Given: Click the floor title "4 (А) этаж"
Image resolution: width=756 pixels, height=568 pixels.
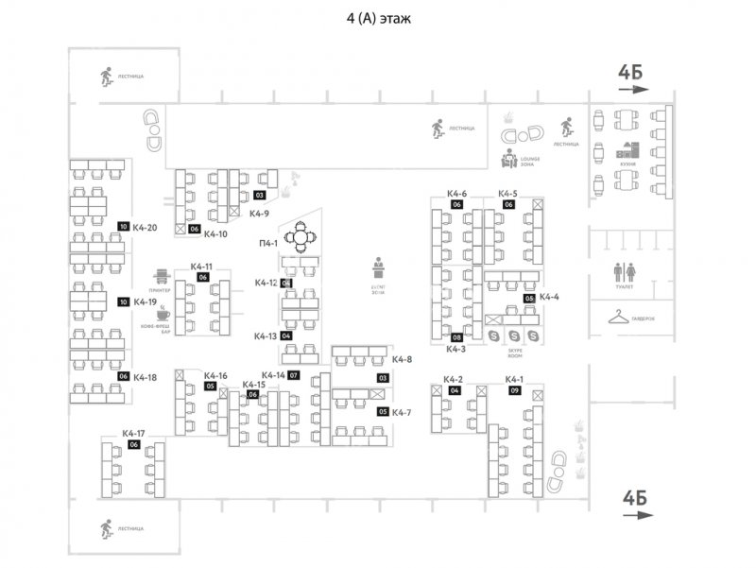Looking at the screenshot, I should pyautogui.click(x=378, y=18).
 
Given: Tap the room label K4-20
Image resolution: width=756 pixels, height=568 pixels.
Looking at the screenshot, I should pyautogui.click(x=145, y=227).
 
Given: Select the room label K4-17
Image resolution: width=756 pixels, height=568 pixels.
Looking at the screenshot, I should pyautogui.click(x=133, y=433).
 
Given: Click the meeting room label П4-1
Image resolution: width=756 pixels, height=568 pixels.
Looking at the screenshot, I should pyautogui.click(x=268, y=244).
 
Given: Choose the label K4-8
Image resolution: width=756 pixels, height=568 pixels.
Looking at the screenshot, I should pyautogui.click(x=403, y=359).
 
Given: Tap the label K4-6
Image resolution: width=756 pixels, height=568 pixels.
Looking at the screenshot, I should pyautogui.click(x=456, y=194).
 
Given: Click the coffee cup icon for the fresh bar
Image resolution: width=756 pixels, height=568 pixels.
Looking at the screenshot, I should pyautogui.click(x=163, y=311).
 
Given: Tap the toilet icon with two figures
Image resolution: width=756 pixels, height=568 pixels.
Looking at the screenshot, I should pyautogui.click(x=625, y=272).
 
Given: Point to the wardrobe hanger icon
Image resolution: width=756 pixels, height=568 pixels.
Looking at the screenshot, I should pyautogui.click(x=619, y=316).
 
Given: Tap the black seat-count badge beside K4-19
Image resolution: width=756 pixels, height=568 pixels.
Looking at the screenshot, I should pyautogui.click(x=123, y=302).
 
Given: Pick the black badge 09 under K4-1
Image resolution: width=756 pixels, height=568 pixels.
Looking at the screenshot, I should pyautogui.click(x=515, y=390).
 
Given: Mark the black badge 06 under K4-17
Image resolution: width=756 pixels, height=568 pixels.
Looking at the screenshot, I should pyautogui.click(x=133, y=444).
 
